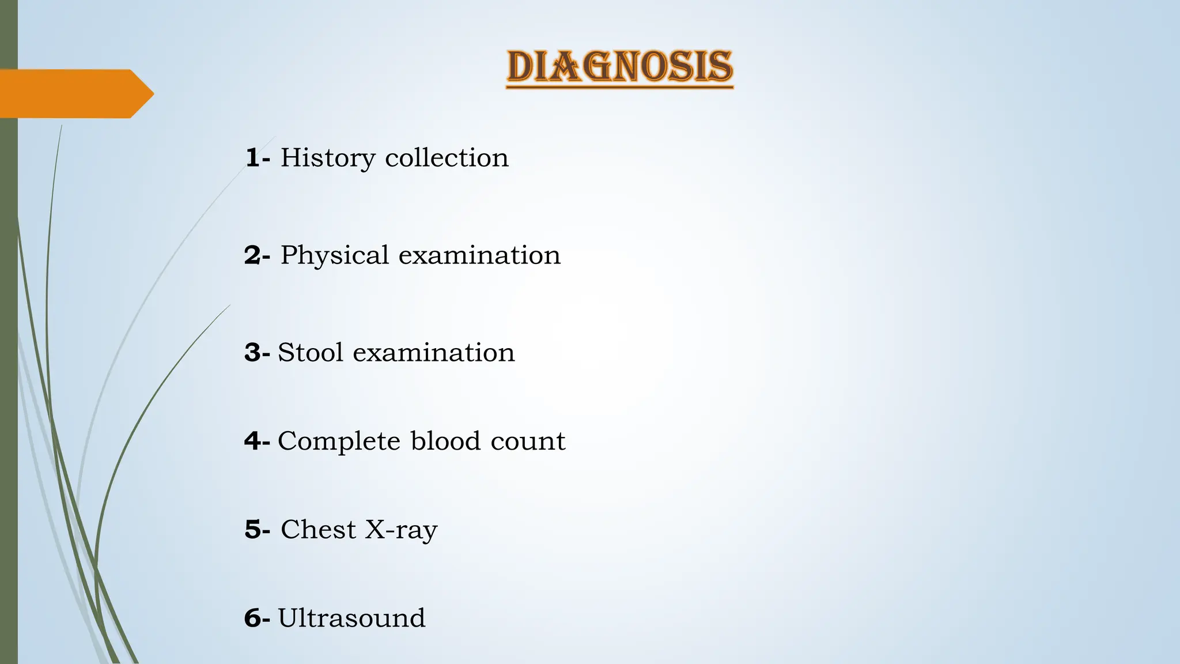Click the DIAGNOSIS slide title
(619, 67)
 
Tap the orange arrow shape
(75, 93)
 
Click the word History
(327, 159)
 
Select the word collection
(447, 157)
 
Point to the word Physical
(334, 256)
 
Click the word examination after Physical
(479, 255)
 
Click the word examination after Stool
(433, 352)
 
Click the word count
(528, 442)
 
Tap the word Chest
(318, 529)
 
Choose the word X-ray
(401, 530)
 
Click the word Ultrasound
(351, 618)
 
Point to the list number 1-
(257, 158)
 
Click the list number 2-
(257, 255)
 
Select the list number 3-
(257, 353)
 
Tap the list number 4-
(257, 442)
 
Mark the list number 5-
(257, 530)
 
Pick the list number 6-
(257, 618)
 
